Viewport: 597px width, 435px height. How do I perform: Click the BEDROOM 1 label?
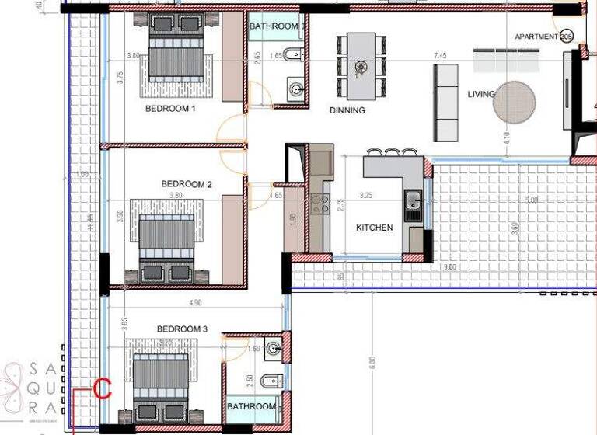coord(169,109)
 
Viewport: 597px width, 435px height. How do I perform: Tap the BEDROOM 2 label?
coord(187,184)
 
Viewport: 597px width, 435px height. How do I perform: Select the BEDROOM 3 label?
coord(182,329)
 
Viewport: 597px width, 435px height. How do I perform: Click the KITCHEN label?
coord(375,228)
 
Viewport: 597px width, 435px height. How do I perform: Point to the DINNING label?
coord(347,110)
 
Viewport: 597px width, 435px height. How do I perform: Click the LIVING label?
coord(481,95)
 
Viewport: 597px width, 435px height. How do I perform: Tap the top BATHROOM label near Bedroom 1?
coord(274,26)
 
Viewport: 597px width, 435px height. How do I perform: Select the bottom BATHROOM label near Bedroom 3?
coord(251,406)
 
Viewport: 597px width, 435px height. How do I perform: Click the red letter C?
coord(103,388)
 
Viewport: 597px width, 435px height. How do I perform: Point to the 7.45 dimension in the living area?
coord(440,56)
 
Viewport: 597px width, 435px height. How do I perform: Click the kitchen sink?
coord(414,204)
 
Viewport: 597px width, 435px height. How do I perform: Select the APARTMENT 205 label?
coord(543,37)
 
